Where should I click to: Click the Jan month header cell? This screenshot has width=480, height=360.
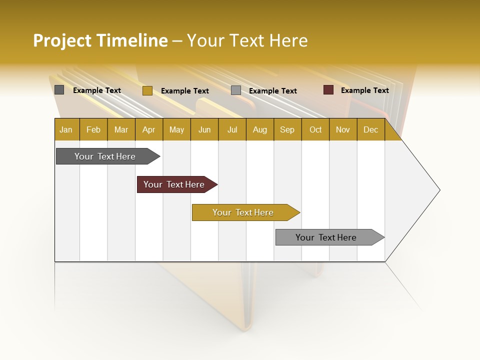click(66, 129)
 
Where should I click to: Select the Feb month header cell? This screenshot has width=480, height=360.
click(93, 129)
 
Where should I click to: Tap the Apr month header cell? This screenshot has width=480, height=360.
click(149, 129)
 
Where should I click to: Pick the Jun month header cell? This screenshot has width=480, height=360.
click(204, 129)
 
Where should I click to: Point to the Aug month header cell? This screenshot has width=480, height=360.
click(260, 129)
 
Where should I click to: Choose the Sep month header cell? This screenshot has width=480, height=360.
click(287, 129)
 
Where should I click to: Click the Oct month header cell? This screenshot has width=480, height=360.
click(315, 129)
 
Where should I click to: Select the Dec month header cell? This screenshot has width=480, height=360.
click(371, 129)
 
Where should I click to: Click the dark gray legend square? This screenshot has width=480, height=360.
click(59, 90)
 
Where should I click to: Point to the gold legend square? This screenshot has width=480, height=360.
click(147, 90)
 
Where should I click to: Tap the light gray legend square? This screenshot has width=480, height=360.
click(236, 90)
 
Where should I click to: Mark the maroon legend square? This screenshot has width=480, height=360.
click(328, 90)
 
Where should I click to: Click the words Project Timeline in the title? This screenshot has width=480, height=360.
click(100, 40)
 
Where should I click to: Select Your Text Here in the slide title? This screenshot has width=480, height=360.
click(247, 40)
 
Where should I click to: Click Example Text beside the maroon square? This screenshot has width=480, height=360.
click(364, 90)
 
